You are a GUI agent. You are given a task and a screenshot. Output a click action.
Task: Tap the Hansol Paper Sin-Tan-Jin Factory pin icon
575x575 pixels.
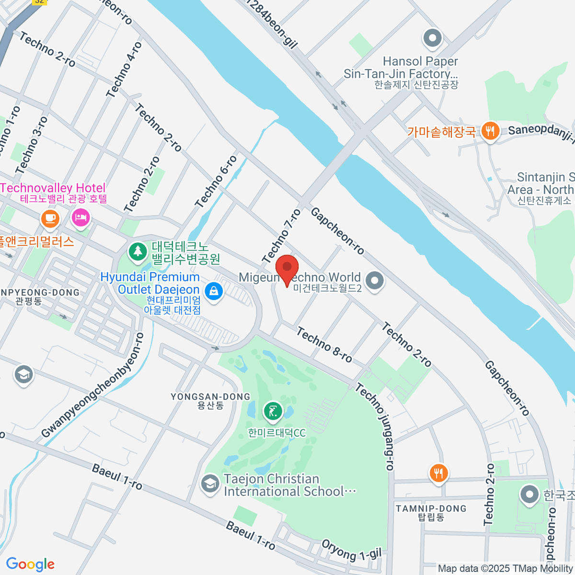[432, 38]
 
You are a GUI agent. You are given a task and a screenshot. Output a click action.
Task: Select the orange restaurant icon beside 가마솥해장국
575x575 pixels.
[490, 130]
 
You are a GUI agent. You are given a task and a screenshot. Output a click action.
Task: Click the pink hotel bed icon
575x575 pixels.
[80, 218]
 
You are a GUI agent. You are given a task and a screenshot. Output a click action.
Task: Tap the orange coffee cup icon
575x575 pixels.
[50, 218]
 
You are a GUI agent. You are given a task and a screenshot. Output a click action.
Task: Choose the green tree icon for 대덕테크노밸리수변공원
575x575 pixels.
[138, 251]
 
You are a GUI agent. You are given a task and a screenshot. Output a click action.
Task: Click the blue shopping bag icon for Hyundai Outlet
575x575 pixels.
[213, 290]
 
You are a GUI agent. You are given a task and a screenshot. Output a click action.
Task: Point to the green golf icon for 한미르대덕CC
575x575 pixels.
[273, 411]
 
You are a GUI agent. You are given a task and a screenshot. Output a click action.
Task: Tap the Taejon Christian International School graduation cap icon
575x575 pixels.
[209, 484]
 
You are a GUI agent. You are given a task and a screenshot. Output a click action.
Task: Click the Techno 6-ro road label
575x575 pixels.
[216, 182]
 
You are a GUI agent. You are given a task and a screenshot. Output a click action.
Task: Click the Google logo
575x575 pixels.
[30, 564]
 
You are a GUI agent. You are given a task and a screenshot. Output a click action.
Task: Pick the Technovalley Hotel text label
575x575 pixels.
[54, 188]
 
